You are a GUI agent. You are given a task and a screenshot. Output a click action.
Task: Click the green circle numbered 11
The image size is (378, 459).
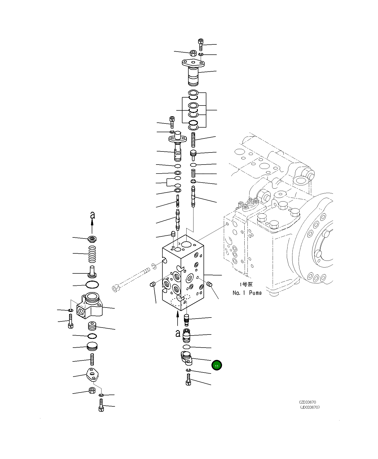(x=217, y=365)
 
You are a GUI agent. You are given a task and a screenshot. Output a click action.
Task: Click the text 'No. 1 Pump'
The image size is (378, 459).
(x=247, y=293)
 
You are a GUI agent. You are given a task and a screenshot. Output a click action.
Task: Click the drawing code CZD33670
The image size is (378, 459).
(x=307, y=402)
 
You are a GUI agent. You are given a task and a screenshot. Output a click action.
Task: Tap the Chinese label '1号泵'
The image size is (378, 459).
(x=246, y=284)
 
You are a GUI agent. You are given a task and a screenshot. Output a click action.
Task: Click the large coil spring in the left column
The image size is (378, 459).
(x=92, y=254)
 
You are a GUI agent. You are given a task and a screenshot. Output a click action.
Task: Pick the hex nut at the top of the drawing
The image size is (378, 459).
(x=193, y=53)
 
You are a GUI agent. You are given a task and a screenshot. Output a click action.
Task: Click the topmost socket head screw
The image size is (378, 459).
(x=201, y=44)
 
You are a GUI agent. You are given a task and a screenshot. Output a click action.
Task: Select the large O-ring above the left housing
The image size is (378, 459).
(x=92, y=285)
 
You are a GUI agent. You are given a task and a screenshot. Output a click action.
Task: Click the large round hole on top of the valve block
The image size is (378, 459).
(x=186, y=244)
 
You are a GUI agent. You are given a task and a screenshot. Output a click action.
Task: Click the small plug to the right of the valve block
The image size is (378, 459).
(x=209, y=284)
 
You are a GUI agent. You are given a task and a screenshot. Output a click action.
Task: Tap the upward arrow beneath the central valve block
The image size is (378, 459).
(x=178, y=318)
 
